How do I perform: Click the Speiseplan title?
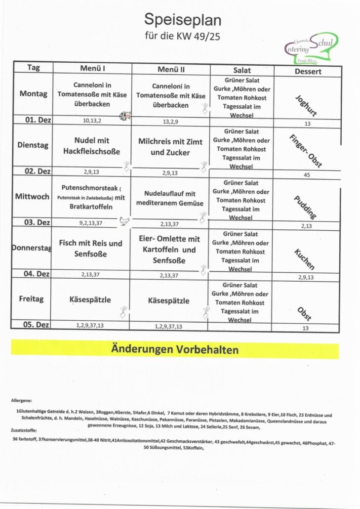[x=183, y=20]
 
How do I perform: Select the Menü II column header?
[x=171, y=69]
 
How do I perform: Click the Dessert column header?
[x=307, y=71]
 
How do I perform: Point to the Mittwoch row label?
[x=32, y=197]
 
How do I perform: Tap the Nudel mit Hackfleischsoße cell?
[x=92, y=146]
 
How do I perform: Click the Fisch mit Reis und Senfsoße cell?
[x=90, y=249]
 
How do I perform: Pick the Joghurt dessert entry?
[x=306, y=105]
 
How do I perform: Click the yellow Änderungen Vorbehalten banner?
[x=175, y=350]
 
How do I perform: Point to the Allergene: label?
[x=21, y=400]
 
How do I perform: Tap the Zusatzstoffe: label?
[x=24, y=430]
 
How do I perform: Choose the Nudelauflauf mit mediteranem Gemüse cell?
[x=170, y=198]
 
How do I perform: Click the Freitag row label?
[x=32, y=299]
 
